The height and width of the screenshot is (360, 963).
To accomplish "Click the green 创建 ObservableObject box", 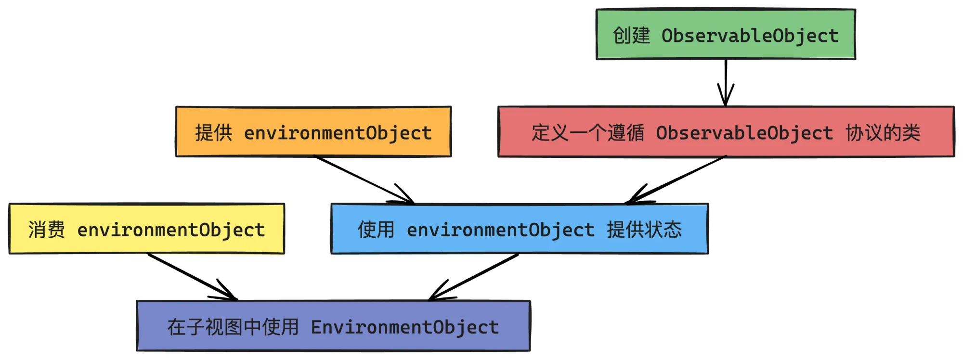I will tap(726, 35).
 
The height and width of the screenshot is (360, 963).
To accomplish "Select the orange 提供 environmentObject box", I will tap(313, 132).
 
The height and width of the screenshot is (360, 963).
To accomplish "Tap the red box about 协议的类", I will tap(726, 132).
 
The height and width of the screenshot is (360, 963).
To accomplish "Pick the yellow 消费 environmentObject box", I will tap(147, 229).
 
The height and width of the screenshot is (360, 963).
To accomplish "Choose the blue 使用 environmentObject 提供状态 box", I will tap(520, 229).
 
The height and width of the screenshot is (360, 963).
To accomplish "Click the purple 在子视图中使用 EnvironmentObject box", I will tap(333, 326).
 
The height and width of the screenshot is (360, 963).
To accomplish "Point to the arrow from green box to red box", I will tap(726, 82).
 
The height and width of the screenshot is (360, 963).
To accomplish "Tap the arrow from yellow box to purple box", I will tap(192, 277).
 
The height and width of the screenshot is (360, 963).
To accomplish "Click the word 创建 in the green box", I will tap(631, 35).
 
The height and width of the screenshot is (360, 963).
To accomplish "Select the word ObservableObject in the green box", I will tap(750, 36).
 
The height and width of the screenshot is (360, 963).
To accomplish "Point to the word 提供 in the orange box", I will tap(214, 132).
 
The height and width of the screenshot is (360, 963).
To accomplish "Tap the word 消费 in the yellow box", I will tap(47, 230).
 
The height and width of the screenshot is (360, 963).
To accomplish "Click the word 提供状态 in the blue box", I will tap(644, 230).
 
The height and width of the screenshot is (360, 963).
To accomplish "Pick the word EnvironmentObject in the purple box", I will tap(405, 327).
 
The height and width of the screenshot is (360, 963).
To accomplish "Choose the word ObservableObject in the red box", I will tap(744, 133).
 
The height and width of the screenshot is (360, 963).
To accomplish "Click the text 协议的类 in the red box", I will tap(883, 132).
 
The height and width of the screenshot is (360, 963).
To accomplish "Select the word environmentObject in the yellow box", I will tap(171, 230).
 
